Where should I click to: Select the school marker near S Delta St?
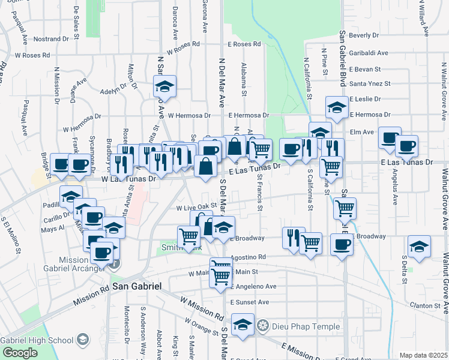[x=419, y=246]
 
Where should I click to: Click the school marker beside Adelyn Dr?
[x=164, y=86]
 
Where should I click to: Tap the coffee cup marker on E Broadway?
[x=342, y=245]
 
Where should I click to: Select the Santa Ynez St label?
[x=370, y=83]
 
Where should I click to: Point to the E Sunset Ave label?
[x=250, y=302]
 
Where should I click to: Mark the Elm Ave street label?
[x=362, y=132]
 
